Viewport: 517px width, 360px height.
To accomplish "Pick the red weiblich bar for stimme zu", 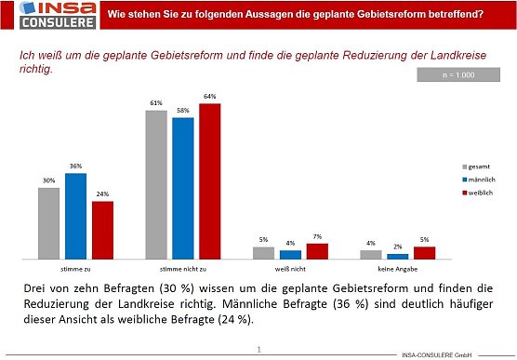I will (x=102, y=230).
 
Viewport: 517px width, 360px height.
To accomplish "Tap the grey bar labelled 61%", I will (x=156, y=184).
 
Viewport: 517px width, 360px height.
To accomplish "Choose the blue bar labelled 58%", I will (x=183, y=188).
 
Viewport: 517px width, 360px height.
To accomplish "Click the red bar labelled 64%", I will (x=210, y=181).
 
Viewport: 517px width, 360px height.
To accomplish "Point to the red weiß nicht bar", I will (x=317, y=251).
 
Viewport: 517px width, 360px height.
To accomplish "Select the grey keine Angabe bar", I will (x=371, y=254).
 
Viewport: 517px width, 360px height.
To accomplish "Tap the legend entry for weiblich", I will (x=478, y=192).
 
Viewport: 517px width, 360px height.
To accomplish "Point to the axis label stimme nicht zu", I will (x=183, y=267).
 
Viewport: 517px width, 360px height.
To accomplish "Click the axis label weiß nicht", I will (x=290, y=267).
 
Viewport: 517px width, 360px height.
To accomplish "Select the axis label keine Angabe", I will (x=397, y=267).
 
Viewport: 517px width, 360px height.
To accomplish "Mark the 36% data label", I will (x=75, y=167).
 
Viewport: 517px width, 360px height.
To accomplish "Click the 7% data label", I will (x=317, y=237).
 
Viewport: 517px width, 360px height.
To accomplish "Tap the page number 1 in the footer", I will (x=258, y=350).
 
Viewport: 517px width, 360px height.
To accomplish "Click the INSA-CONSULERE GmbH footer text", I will (x=438, y=354).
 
